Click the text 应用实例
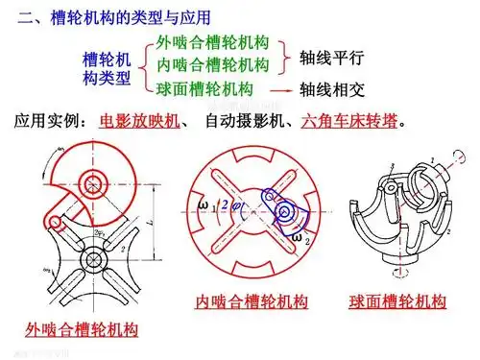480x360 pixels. tap(48, 123)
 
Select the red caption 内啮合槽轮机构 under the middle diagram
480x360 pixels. tap(252, 301)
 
